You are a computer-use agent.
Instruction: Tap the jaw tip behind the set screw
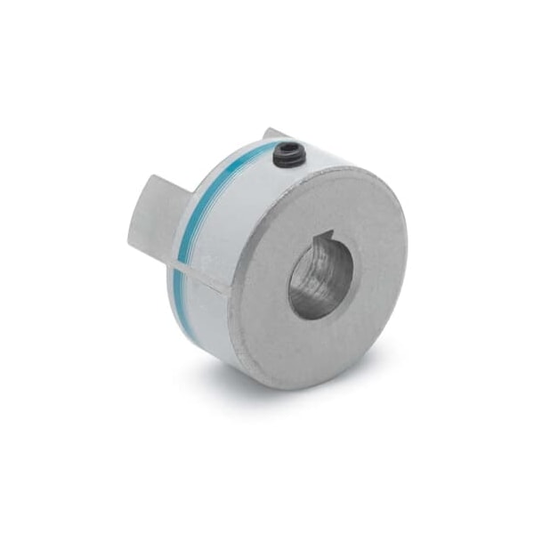[x=273, y=134]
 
